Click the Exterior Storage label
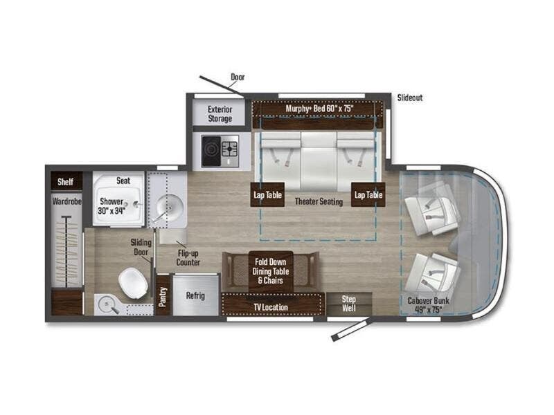220,114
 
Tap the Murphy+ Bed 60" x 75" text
319,109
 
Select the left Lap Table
267,194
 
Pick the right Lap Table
368,194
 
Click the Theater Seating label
319,201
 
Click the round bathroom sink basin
170,208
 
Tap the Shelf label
65,182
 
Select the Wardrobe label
66,201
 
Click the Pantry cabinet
163,296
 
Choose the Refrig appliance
195,295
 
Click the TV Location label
271,307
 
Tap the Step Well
349,304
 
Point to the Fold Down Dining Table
271,271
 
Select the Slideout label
410,98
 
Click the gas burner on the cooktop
230,149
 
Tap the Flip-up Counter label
188,257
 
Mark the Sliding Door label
141,247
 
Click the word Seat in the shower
123,181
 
